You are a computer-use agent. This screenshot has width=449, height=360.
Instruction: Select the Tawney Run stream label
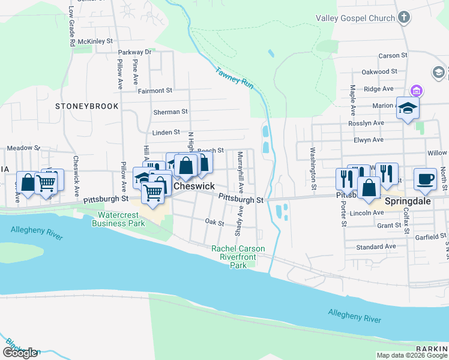pyautogui.click(x=235, y=76)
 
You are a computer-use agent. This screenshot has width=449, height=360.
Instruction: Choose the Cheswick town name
pyautogui.click(x=194, y=187)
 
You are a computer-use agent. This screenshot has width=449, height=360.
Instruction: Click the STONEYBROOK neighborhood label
pyautogui.click(x=86, y=106)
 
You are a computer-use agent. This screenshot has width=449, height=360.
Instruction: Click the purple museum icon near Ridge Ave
pyautogui.click(x=416, y=91)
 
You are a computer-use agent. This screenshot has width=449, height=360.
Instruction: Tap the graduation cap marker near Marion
pyautogui.click(x=408, y=109)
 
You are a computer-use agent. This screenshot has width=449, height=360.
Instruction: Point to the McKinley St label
pyautogui.click(x=95, y=41)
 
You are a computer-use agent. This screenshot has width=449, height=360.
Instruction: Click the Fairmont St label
pyautogui.click(x=155, y=91)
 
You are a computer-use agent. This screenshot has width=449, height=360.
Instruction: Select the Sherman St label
pyautogui.click(x=170, y=112)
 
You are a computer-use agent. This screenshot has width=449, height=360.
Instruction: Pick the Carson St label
pyautogui.click(x=393, y=56)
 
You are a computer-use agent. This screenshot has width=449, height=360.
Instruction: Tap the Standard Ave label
pyautogui.click(x=376, y=247)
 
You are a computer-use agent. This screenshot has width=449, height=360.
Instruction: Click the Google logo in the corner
pyautogui.click(x=20, y=353)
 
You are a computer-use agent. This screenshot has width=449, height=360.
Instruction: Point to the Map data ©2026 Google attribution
pyautogui.click(x=411, y=355)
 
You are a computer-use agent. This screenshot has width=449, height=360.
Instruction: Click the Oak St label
pyautogui.click(x=214, y=223)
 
